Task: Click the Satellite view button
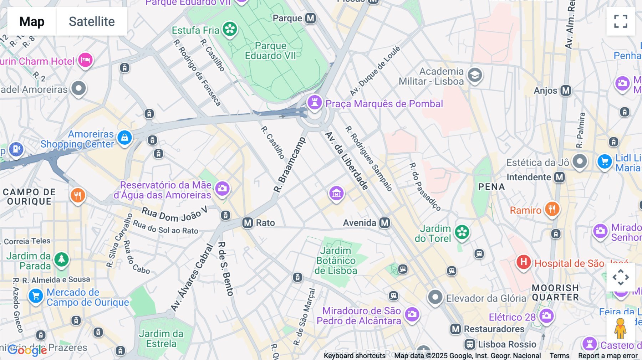(92, 21)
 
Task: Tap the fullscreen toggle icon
(621, 21)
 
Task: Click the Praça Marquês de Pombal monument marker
(315, 103)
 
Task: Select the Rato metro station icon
(248, 223)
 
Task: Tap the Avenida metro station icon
(384, 223)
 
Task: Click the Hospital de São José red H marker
(523, 263)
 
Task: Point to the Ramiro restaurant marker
(552, 209)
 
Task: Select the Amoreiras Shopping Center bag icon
(124, 138)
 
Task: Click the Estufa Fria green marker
(230, 29)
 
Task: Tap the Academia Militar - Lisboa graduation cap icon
(475, 75)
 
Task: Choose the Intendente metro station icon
(559, 177)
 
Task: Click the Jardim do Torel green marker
(462, 232)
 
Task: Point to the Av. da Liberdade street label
(346, 161)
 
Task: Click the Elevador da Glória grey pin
(435, 297)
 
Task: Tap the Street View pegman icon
(620, 329)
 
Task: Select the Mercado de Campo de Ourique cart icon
(36, 296)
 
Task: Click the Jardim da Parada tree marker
(61, 259)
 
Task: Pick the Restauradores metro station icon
(455, 329)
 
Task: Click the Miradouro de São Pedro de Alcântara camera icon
(412, 314)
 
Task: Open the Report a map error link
(607, 356)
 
